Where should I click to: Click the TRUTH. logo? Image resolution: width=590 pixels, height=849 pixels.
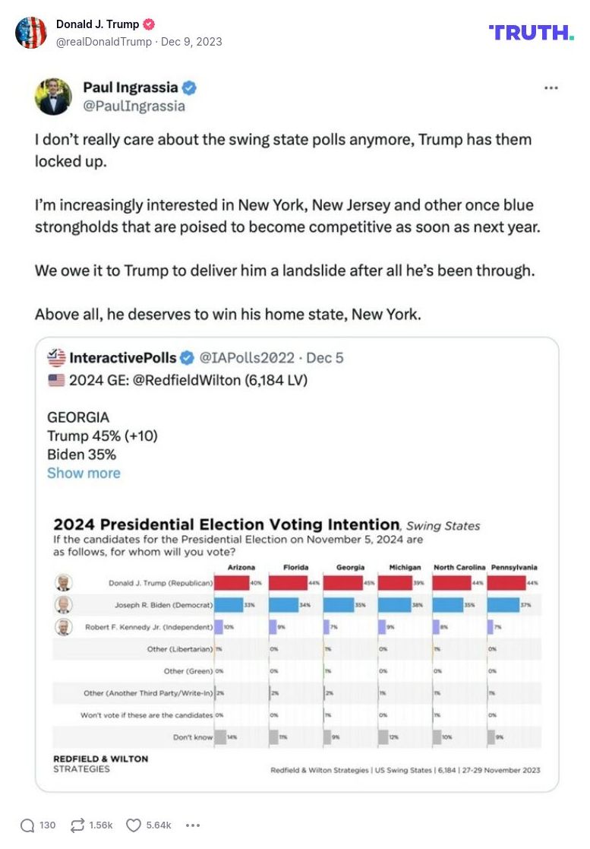point(531,32)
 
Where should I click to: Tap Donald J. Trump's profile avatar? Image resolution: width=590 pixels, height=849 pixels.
point(31,33)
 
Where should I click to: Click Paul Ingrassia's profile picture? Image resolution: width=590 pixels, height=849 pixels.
point(53,97)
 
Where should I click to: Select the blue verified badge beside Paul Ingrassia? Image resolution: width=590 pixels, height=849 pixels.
point(189,88)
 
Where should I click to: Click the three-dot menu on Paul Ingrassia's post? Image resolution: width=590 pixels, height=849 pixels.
point(551,88)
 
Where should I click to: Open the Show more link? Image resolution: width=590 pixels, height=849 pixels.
point(84,473)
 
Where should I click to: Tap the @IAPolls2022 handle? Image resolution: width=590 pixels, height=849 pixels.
point(245,357)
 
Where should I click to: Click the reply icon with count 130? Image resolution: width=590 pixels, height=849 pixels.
point(27,825)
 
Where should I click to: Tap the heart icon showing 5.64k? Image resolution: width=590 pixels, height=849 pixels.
point(134,825)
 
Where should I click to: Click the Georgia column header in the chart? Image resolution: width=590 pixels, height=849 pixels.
point(351,567)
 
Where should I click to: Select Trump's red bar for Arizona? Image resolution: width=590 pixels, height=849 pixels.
point(232,583)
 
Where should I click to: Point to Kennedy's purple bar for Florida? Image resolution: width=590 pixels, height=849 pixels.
point(272,627)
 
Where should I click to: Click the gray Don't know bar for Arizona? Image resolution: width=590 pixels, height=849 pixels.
point(220,737)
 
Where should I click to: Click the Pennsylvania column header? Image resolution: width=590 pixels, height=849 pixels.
point(514,567)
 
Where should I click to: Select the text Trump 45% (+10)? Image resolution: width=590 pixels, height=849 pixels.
point(103,436)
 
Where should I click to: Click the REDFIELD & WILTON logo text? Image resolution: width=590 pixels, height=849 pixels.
point(100,759)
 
